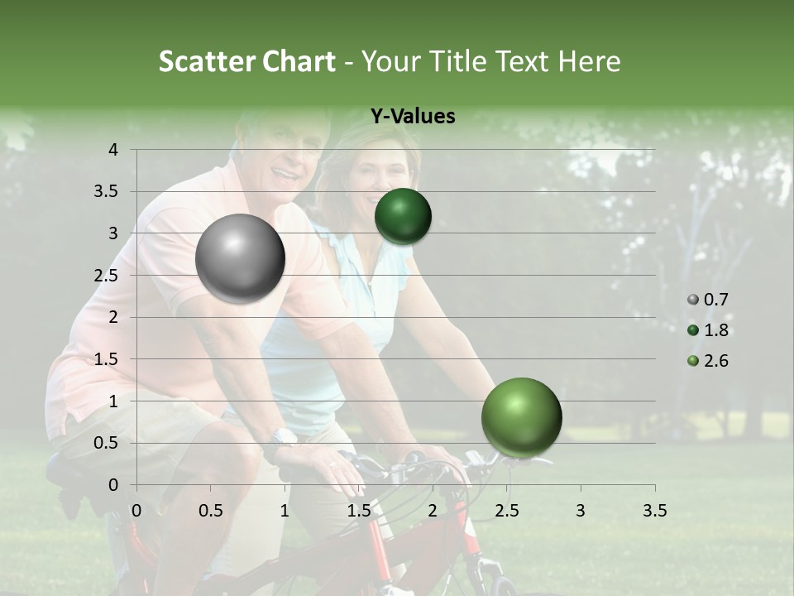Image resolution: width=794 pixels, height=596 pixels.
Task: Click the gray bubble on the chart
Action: coord(240,258)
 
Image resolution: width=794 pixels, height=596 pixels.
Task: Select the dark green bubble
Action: coord(403,216)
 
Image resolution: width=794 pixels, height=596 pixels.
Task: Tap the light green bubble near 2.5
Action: coord(521,417)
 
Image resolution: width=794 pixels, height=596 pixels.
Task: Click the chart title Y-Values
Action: coord(412,117)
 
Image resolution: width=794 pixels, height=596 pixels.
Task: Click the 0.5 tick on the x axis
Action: coord(211,510)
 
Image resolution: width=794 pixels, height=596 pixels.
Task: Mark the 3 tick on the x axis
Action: coord(581,510)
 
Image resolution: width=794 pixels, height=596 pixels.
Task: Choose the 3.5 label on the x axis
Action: coord(654,510)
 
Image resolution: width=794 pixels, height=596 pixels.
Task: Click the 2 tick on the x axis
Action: coord(433,510)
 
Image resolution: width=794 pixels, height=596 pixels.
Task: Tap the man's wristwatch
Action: coord(283,438)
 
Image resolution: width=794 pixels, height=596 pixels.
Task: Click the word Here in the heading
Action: coord(589,61)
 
